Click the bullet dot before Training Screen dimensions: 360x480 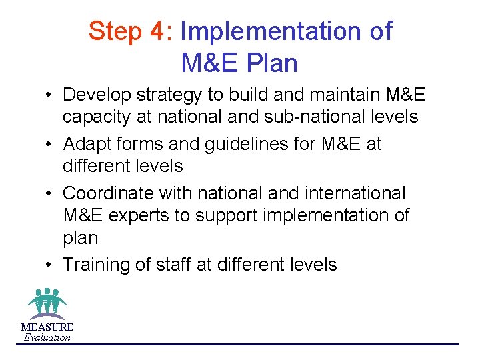[x=51, y=265]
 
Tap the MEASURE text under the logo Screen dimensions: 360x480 [x=47, y=327]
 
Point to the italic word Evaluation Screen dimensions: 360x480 [x=47, y=337]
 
